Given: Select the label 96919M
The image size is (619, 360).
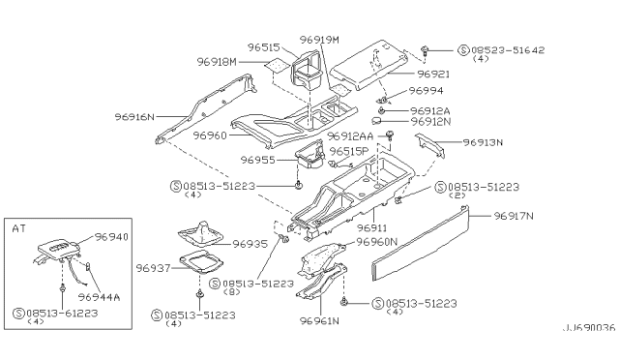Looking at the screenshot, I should pyautogui.click(x=319, y=40).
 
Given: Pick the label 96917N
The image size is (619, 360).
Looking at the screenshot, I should pyautogui.click(x=516, y=217).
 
